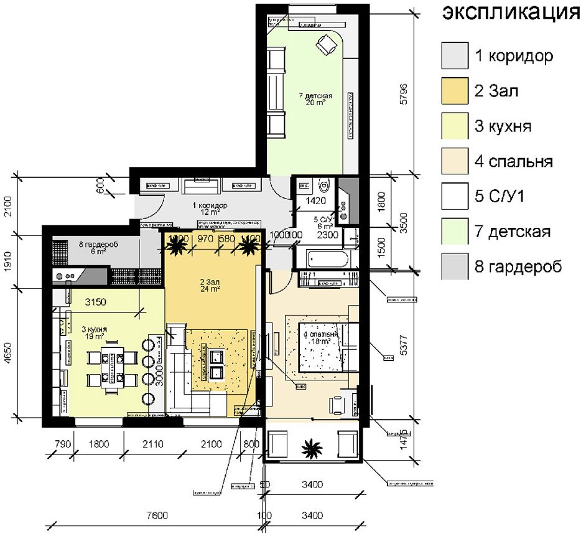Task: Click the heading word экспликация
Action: point(511,13)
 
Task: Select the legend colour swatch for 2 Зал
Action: point(455,91)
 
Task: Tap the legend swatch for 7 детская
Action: point(455,232)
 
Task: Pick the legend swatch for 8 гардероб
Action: point(455,267)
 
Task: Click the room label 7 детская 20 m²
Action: point(315,99)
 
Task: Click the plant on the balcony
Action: point(309,446)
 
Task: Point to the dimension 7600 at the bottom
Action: point(153,515)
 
